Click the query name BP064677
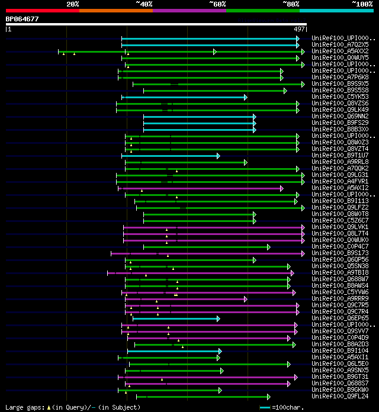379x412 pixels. (x=23, y=19)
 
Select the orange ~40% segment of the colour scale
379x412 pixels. (x=116, y=10)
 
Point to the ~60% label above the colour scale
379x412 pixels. (x=217, y=4)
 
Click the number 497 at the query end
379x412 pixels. (x=299, y=29)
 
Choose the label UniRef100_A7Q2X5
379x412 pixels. (x=340, y=44)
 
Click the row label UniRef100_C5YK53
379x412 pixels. (x=340, y=96)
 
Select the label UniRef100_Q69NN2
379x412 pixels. (x=340, y=116)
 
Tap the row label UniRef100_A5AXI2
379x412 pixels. (x=340, y=188)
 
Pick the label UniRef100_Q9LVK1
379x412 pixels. (x=340, y=227)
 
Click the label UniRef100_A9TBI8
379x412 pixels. (x=340, y=272)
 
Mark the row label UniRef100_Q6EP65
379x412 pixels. (x=340, y=318)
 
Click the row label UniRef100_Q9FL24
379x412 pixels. (x=340, y=396)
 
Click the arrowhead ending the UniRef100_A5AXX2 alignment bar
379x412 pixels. (x=303, y=51)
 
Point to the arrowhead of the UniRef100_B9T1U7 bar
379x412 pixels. (x=219, y=156)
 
